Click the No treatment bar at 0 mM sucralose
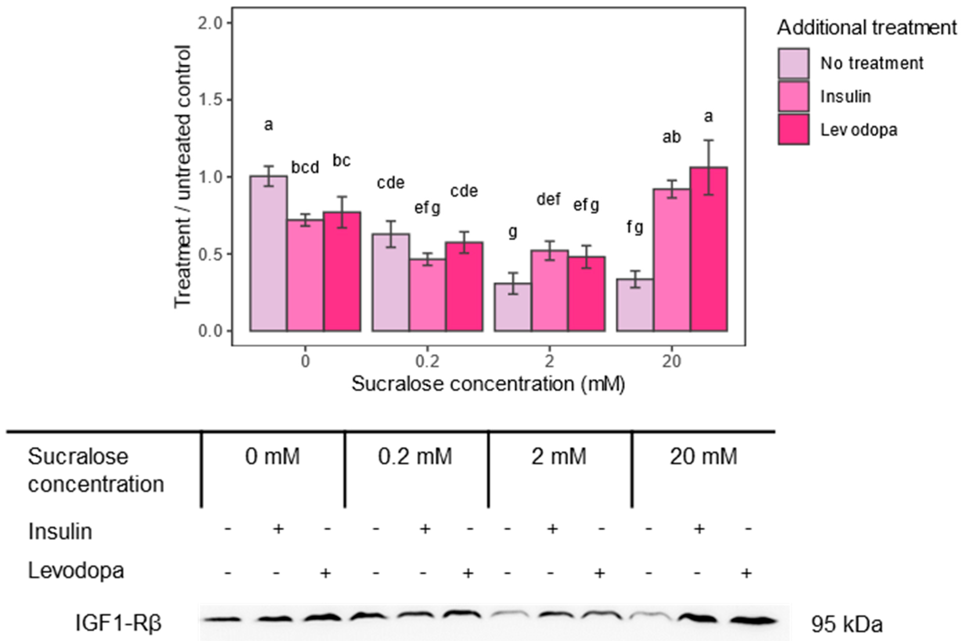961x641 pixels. click(x=268, y=253)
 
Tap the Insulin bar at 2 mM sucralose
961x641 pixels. click(x=550, y=291)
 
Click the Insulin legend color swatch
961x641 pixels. click(x=793, y=96)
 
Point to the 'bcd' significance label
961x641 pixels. click(x=305, y=168)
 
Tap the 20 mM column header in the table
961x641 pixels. click(x=703, y=457)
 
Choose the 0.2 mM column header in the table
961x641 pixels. click(x=415, y=457)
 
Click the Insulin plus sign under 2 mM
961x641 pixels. click(x=552, y=529)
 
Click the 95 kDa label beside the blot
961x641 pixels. click(x=846, y=624)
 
